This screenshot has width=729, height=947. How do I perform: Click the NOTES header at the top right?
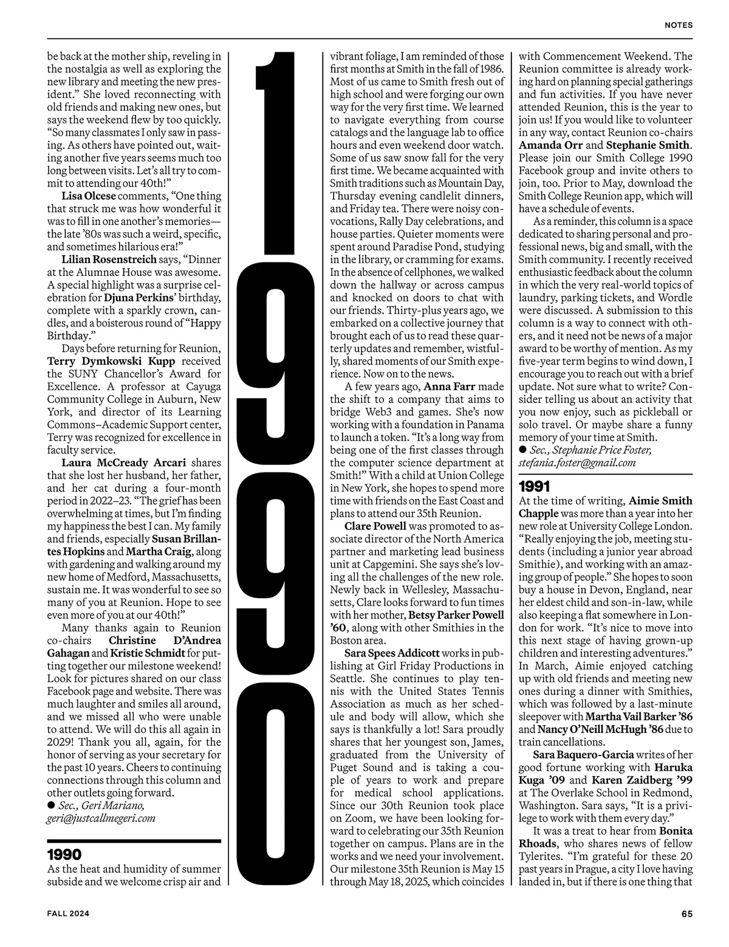(x=678, y=26)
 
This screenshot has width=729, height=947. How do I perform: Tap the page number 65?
(x=686, y=912)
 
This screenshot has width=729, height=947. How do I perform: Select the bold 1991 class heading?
(x=534, y=486)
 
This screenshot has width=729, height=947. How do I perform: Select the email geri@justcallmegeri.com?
(x=101, y=818)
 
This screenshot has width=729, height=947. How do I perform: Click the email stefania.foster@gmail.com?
(x=577, y=463)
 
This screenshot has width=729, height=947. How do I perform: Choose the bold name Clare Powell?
(x=375, y=526)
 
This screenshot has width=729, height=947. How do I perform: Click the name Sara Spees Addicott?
(x=392, y=653)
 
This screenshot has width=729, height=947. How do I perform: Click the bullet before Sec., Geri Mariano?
(x=51, y=805)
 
